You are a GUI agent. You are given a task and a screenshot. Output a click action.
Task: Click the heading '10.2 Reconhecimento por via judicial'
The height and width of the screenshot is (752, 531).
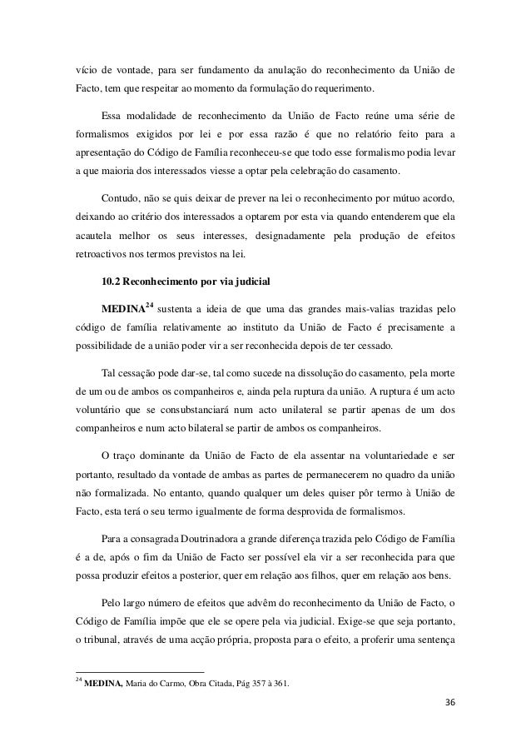[183, 279]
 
